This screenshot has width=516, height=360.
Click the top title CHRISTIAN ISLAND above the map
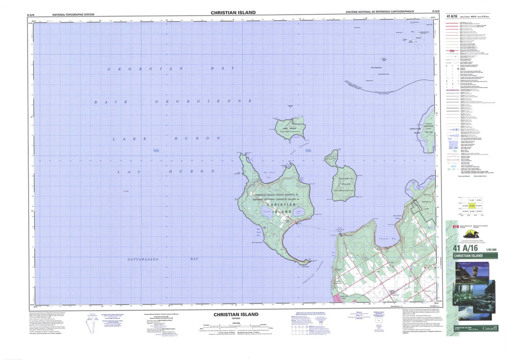pyautogui.click(x=233, y=12)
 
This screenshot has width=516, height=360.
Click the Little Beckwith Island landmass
pyautogui.click(x=331, y=158)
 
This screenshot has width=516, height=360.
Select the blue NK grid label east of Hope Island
pyautogui.click(x=308, y=150)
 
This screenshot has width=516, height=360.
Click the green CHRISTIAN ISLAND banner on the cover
pyautogui.click(x=472, y=256)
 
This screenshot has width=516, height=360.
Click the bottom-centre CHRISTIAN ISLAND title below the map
pyautogui.click(x=235, y=314)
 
